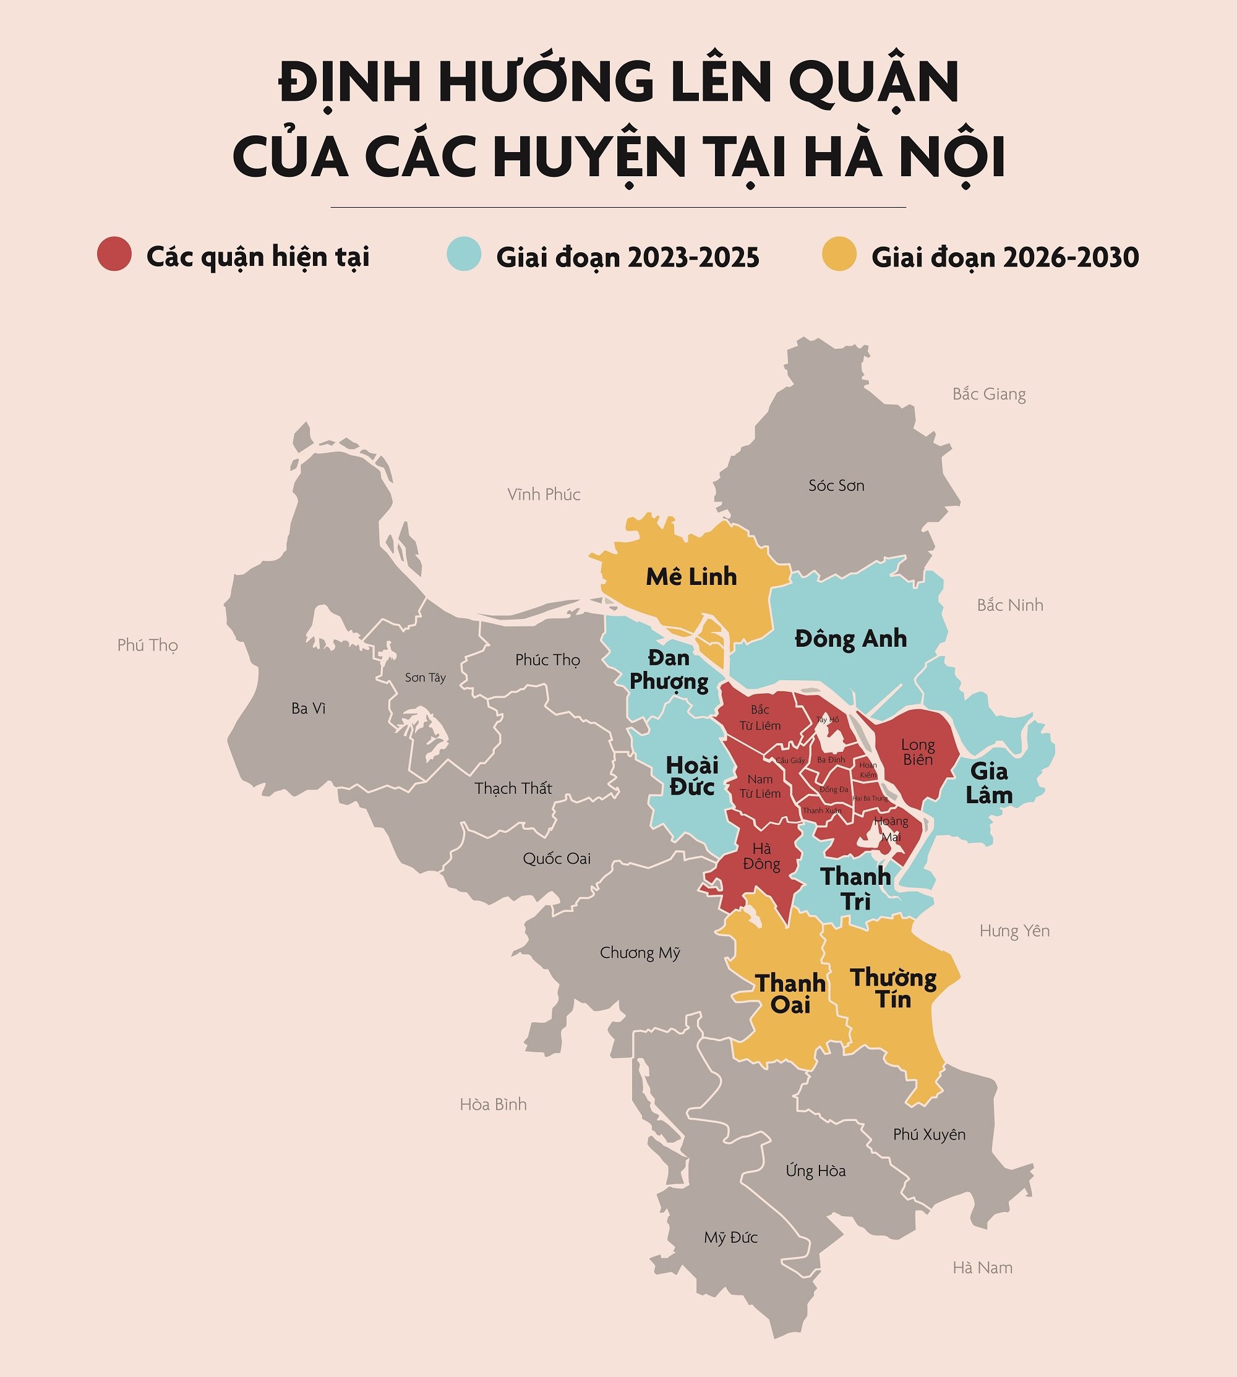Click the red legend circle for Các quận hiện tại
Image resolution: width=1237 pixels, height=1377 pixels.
pos(114,254)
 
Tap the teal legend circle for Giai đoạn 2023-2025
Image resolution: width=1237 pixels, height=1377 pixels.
pos(463,254)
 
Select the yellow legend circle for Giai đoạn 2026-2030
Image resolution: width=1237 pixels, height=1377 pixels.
pos(839,254)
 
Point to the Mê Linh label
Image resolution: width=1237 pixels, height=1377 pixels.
pos(691,577)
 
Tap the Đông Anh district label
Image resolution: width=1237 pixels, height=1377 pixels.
pos(850,639)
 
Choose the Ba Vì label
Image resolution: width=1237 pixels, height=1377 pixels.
pos(309,709)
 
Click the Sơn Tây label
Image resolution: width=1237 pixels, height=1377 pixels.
pos(426,677)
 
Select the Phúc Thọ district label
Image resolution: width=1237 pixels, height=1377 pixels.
pos(547,660)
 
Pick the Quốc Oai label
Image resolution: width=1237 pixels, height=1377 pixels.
pos(557,859)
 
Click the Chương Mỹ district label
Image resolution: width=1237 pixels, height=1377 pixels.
pos(640,953)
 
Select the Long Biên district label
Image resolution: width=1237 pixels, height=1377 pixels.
pos(918,752)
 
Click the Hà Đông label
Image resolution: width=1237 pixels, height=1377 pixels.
pos(761,856)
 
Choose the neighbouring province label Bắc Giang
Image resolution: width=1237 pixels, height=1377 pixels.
pos(989,394)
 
